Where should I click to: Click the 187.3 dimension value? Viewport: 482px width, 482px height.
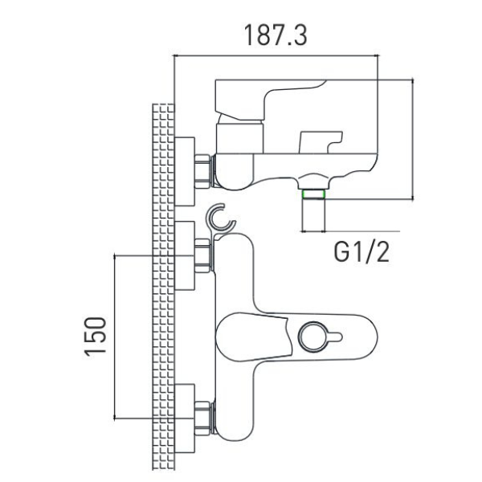pos(276,35)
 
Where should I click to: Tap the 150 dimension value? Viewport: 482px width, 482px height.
pos(96,337)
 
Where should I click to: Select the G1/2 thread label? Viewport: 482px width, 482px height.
pos(361,251)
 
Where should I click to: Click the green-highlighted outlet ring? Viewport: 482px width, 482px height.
pos(313,194)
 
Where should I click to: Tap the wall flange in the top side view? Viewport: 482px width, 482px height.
pos(185,172)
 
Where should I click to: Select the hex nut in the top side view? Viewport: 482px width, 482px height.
pos(202,172)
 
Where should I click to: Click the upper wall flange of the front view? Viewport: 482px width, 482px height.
pos(185,255)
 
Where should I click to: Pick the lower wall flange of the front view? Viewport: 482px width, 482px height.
pos(185,419)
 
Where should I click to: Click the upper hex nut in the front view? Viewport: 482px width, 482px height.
pos(202,255)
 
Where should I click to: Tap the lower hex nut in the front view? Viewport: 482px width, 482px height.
pos(202,419)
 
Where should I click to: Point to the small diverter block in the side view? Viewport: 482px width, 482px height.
pos(321,142)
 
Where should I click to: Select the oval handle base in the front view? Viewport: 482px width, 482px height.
pos(296,337)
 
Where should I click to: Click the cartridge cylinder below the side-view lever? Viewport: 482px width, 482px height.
pos(239,137)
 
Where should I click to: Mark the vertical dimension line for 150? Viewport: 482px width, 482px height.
pos(115,337)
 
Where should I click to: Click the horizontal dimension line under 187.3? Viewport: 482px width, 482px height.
pos(276,56)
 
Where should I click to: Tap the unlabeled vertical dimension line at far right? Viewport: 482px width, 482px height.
pos(413,140)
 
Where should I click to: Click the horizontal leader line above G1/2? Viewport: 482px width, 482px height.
pos(350,231)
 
